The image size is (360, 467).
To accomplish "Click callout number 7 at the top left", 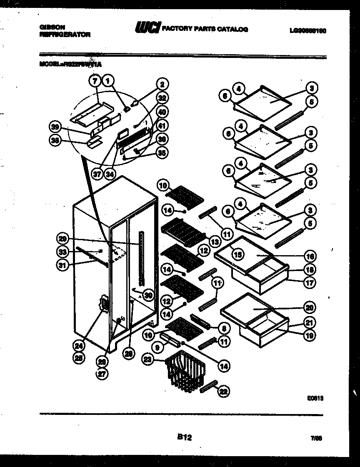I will click(x=95, y=80).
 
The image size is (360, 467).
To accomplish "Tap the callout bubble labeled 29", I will click(x=62, y=239).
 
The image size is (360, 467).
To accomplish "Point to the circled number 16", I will click(x=310, y=256).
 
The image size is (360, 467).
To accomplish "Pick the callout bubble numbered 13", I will click(x=215, y=241).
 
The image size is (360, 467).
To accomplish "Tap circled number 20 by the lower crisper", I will click(x=309, y=308).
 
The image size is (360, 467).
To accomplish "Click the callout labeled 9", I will click(x=157, y=346).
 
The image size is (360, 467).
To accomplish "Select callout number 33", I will click(x=62, y=251).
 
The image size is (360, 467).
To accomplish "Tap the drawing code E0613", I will click(x=315, y=398).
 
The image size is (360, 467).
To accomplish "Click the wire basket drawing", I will click(x=185, y=369).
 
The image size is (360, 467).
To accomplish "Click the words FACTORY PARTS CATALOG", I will click(x=205, y=29).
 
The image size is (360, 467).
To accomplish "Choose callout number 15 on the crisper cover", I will click(x=238, y=254).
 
